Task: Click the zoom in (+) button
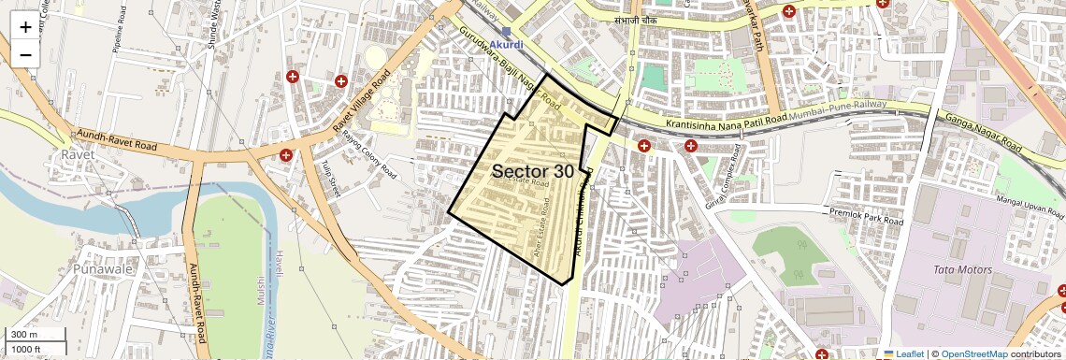point(25,27)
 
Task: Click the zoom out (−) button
point(25,54)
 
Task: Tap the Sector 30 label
point(532,171)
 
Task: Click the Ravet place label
point(74,153)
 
